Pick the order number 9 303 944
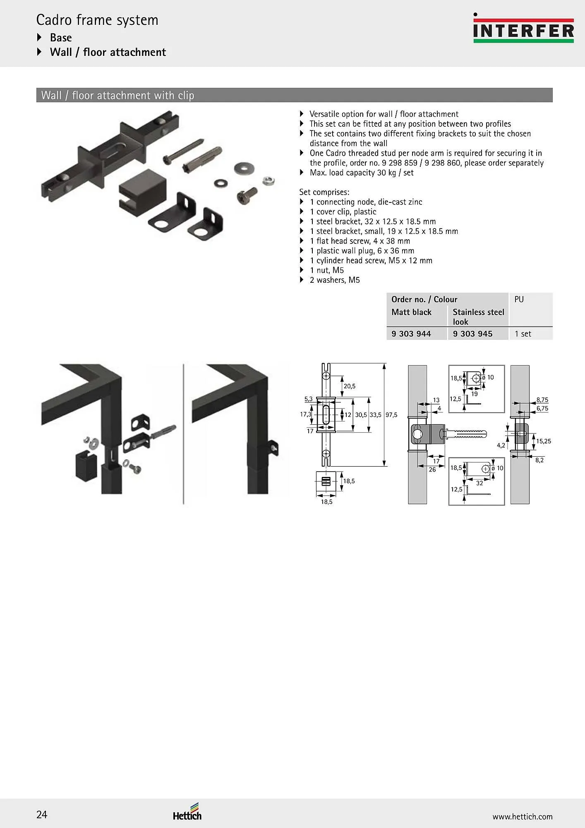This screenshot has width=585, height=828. point(411,334)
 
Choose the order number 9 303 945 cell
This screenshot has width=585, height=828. point(472,334)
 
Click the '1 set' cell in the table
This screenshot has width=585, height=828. point(523,334)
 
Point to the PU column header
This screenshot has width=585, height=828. point(519,299)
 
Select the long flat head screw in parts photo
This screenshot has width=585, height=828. point(184,151)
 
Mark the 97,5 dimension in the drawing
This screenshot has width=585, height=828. point(391,415)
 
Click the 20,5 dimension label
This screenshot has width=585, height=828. point(350,386)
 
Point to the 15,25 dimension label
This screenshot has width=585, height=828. point(544,441)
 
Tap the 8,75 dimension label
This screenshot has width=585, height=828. point(542,400)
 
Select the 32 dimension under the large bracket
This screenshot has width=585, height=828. point(480,483)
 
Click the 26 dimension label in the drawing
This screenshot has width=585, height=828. point(432,469)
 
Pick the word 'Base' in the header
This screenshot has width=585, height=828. point(61,38)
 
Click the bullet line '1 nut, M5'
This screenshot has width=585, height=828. point(327,270)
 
